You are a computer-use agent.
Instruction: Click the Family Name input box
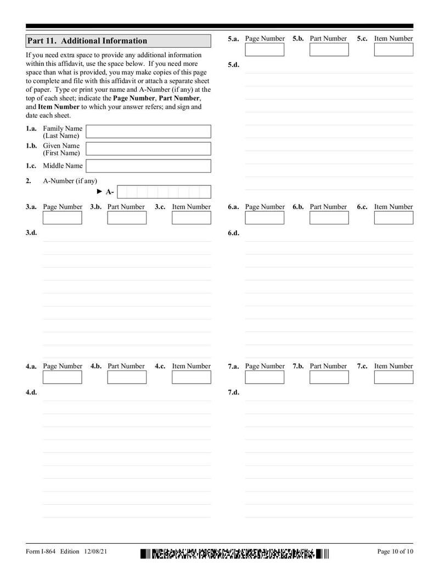click(149, 131)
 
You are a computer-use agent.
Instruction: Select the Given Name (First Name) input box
click(149, 149)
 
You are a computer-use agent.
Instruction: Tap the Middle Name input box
click(149, 166)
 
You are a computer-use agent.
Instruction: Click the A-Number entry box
click(164, 192)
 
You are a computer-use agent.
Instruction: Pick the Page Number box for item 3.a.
click(62, 218)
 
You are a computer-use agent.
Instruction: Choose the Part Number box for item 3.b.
click(127, 218)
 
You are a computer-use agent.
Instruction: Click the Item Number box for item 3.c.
click(191, 218)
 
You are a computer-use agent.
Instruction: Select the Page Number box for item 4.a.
click(62, 377)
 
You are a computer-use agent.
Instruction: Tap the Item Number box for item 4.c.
click(191, 377)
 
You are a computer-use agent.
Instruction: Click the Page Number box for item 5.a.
click(264, 49)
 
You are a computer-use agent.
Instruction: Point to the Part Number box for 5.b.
click(329, 49)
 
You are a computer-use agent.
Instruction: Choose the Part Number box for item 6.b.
click(329, 218)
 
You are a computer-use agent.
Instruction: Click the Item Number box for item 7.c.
click(393, 377)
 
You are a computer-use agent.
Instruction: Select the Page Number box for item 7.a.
click(264, 377)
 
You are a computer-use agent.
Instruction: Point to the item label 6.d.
click(233, 233)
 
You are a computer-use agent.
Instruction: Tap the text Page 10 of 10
click(395, 551)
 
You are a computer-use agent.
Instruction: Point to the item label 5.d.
click(233, 65)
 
